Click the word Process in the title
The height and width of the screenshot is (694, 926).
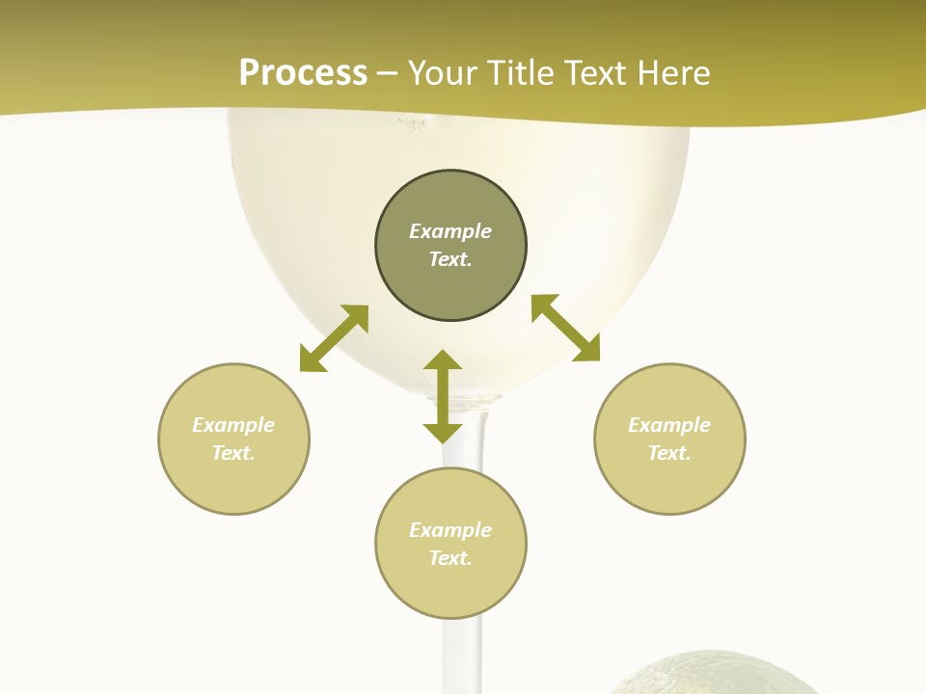tap(303, 73)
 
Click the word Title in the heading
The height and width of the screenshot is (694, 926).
tap(522, 73)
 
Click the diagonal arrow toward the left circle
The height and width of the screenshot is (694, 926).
tap(334, 338)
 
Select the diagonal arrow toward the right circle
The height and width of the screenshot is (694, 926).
tap(566, 329)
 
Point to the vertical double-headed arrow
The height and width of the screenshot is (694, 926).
tap(443, 396)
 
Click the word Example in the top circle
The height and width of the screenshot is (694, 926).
tap(450, 231)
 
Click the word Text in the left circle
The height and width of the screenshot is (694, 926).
tap(233, 453)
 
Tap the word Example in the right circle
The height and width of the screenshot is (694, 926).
tap(669, 425)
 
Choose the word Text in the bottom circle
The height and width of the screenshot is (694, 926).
tap(450, 558)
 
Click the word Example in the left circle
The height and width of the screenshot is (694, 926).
tap(233, 425)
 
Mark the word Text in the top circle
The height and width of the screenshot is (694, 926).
tap(450, 259)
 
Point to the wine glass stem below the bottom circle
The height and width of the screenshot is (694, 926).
tap(462, 655)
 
